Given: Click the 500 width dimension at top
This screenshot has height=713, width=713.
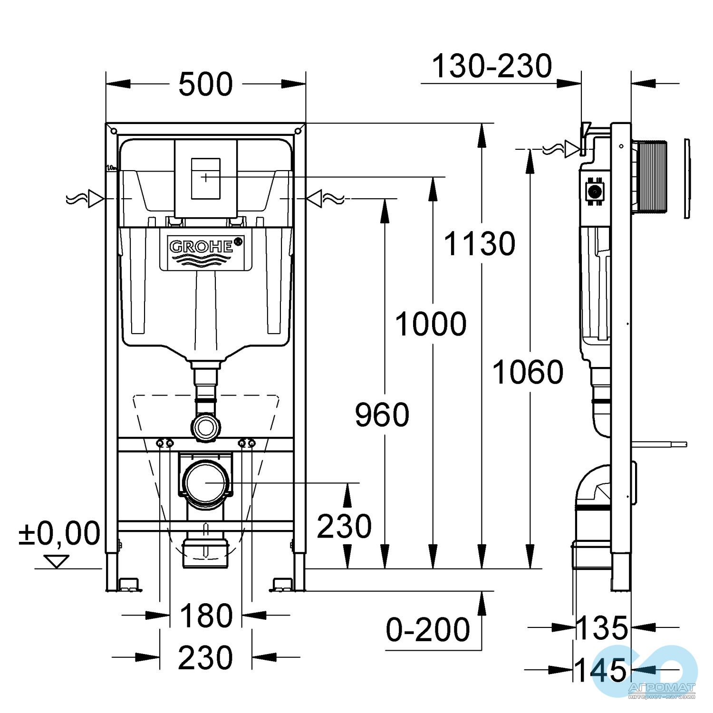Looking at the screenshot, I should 205,85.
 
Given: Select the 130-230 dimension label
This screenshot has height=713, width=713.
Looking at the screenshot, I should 491,66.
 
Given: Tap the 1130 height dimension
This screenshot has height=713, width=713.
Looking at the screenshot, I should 479,244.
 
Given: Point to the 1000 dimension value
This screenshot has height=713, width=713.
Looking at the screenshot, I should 431,324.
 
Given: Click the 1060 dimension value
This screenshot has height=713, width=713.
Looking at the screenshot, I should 528,372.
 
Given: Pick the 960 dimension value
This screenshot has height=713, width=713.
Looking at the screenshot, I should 382,414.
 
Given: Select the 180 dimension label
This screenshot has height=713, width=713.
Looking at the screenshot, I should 206,616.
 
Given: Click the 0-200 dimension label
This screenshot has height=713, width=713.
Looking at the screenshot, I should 428,630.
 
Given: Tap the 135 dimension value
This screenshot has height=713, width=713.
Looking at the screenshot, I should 602,628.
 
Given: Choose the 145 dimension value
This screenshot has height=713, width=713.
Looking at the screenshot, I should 601,670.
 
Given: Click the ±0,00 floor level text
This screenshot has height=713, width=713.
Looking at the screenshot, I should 59,533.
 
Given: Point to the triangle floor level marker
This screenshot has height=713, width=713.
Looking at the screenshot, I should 57,561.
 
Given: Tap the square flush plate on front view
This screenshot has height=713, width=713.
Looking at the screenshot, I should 205,178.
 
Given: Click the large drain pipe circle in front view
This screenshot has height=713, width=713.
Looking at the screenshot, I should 205,483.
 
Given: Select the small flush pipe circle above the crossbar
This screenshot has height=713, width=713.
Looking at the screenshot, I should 205,426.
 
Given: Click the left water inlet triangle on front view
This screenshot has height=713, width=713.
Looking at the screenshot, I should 96,199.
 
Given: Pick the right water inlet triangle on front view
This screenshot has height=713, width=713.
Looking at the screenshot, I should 314,199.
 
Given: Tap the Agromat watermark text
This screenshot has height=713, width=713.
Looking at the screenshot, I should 661,688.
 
